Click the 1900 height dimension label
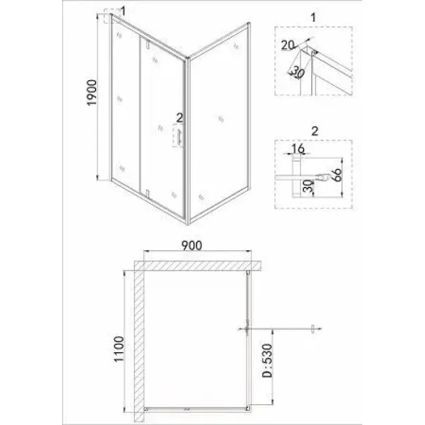click(x=92, y=92)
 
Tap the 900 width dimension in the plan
click(x=192, y=245)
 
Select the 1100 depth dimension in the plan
click(x=118, y=348)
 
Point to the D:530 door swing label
click(x=267, y=361)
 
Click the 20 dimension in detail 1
click(x=287, y=45)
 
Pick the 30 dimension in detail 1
click(x=297, y=72)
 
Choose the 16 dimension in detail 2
click(x=298, y=149)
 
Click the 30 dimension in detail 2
click(x=308, y=186)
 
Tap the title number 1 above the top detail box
click(x=313, y=18)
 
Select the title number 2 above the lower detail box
click(x=314, y=131)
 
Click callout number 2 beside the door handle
click(x=180, y=118)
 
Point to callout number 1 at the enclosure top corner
click(x=123, y=12)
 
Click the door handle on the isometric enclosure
click(x=178, y=138)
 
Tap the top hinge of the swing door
click(x=147, y=45)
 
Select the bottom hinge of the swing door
click(x=147, y=194)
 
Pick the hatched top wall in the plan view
click(x=198, y=266)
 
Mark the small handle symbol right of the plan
click(x=312, y=329)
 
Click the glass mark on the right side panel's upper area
click(x=236, y=46)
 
